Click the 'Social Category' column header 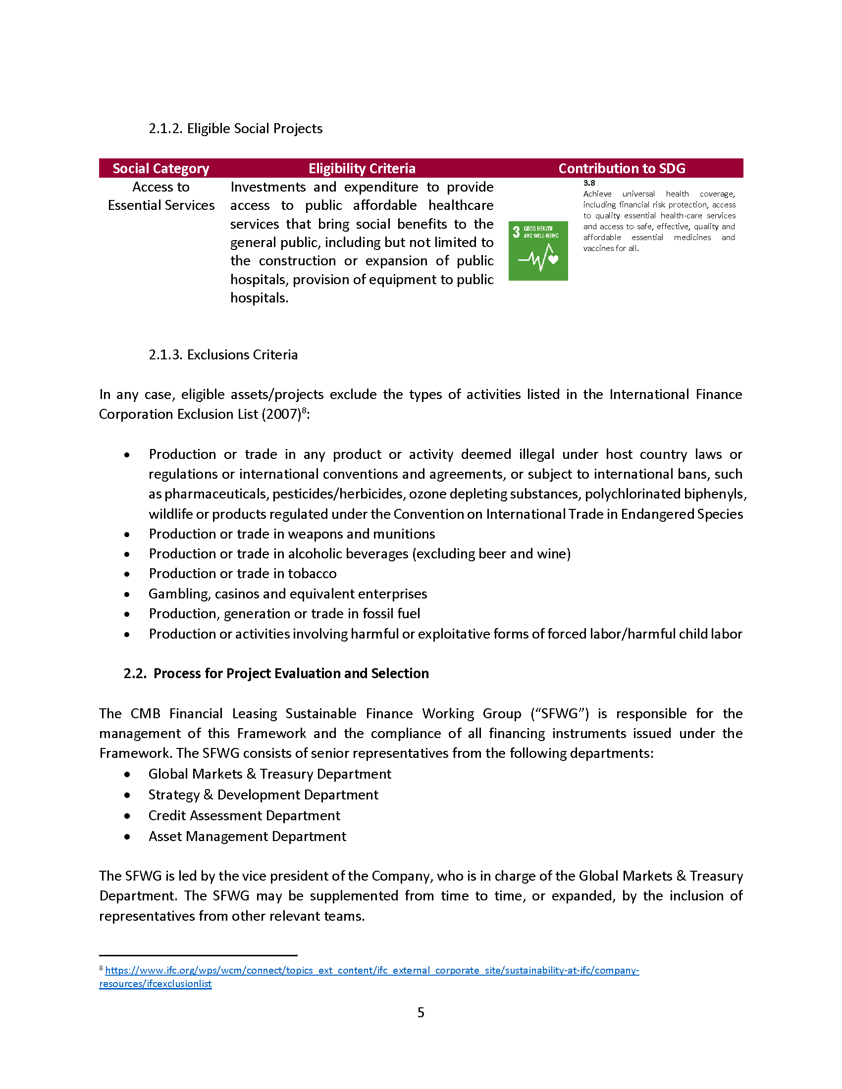click(x=160, y=168)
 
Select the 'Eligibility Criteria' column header click(x=362, y=168)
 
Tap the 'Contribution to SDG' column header click(x=622, y=168)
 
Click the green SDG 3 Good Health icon click(x=538, y=251)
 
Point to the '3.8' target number click(x=589, y=183)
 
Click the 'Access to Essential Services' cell click(x=161, y=196)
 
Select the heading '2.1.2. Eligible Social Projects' click(x=235, y=129)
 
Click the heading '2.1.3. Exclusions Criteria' click(x=223, y=354)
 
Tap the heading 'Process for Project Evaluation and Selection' click(x=291, y=673)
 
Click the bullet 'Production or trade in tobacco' click(x=242, y=573)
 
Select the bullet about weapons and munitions click(x=292, y=534)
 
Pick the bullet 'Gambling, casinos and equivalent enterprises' click(x=288, y=594)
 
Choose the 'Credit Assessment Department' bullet click(x=244, y=815)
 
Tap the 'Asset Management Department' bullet click(x=247, y=836)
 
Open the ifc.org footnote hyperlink click(x=371, y=970)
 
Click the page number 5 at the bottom click(x=421, y=1012)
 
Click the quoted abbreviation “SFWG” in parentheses click(x=559, y=713)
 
